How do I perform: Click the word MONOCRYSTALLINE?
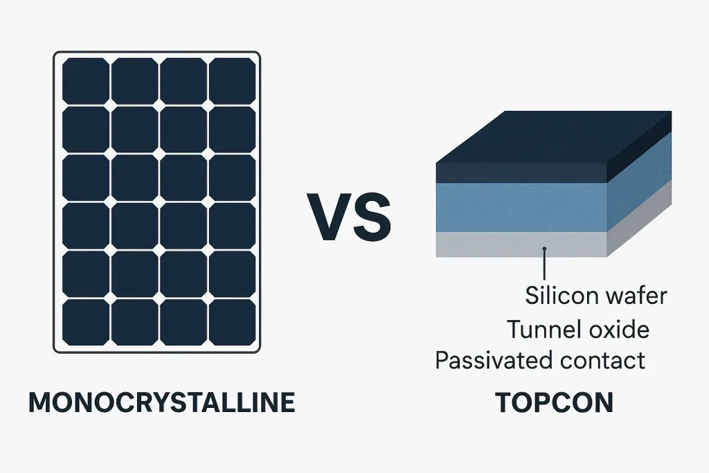[x=162, y=402]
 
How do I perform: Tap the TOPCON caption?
[x=554, y=402]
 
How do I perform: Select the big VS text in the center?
[x=349, y=217]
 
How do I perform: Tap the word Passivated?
[x=494, y=360]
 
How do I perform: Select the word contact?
[x=602, y=360]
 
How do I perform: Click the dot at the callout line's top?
[x=545, y=249]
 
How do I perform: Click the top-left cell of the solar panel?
[x=86, y=81]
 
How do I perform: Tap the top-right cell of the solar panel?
[x=233, y=81]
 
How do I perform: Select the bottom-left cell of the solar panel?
[x=86, y=323]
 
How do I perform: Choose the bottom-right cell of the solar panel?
[x=233, y=323]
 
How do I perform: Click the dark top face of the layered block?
[x=554, y=136]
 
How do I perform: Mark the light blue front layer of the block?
[x=521, y=208]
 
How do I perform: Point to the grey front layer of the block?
[x=521, y=244]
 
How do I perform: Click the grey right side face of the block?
[x=639, y=218]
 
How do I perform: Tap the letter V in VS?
[x=329, y=217]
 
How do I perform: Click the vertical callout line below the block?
[x=545, y=265]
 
